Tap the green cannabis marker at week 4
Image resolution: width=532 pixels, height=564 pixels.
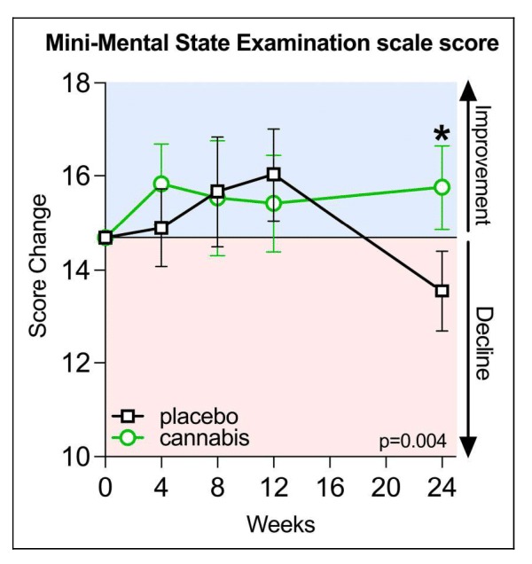[161, 184]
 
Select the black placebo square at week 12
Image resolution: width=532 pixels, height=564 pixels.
[274, 174]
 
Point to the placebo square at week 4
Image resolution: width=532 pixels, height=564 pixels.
[161, 227]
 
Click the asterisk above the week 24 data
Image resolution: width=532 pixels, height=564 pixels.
[442, 135]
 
